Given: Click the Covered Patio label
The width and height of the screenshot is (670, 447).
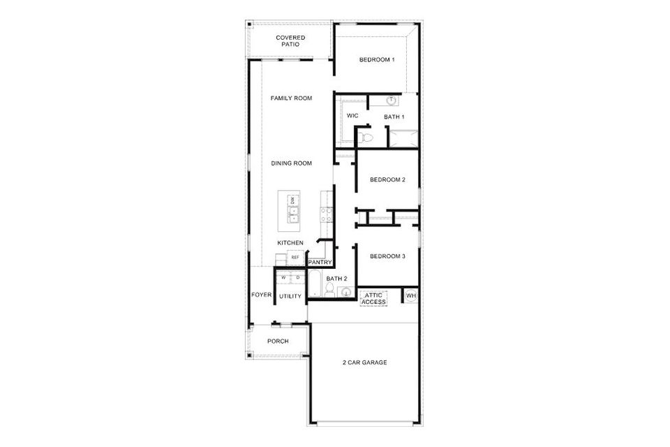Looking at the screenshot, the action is [x=290, y=41].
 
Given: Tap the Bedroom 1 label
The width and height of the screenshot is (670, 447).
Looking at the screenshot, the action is [x=377, y=59].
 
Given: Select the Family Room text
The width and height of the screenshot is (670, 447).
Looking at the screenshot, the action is [x=291, y=98].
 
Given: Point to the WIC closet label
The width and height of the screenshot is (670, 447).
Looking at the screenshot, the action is [x=352, y=115].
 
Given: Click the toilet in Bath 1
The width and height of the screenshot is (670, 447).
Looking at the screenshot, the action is [x=365, y=137].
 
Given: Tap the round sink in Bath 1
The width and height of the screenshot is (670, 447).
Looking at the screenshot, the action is [x=392, y=101].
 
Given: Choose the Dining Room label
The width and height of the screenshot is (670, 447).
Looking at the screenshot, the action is [x=292, y=163].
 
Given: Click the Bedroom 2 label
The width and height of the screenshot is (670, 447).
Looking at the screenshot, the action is [x=387, y=179].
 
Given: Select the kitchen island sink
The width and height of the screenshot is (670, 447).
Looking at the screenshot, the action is [x=292, y=214].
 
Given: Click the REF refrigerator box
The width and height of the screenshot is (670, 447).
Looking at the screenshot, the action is [x=295, y=258].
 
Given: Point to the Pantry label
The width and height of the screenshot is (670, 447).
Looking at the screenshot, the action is [x=320, y=262].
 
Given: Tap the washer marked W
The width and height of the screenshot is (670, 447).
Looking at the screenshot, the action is [x=283, y=277].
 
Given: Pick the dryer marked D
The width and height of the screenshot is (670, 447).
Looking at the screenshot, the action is [x=298, y=277].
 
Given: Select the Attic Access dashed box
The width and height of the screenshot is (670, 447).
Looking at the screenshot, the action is [x=373, y=298].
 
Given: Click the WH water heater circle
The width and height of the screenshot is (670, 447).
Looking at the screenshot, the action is [x=410, y=295].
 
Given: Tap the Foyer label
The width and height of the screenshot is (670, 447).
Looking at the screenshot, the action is [x=261, y=295].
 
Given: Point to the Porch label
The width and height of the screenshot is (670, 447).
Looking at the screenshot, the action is [x=278, y=341].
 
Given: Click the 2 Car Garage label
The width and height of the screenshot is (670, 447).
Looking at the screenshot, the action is [x=364, y=362].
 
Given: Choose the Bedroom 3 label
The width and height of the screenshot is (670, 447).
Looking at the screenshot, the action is [x=387, y=256].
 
